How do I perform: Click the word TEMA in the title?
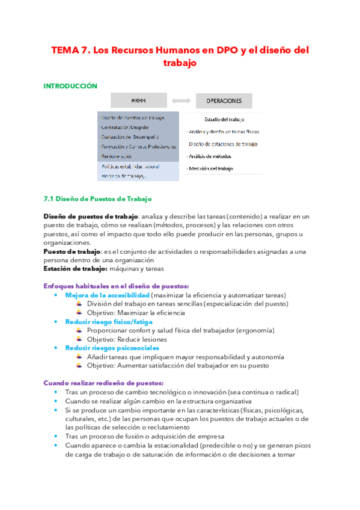tap(65, 50)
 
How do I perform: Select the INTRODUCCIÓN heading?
tap(70, 86)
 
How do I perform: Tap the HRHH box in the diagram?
tap(138, 100)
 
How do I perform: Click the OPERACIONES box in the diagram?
tap(224, 100)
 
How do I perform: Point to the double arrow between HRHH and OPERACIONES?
tap(180, 100)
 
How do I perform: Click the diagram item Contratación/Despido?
tap(124, 127)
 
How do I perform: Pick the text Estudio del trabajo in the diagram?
tap(224, 120)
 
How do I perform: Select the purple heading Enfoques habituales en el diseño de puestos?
tap(117, 286)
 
